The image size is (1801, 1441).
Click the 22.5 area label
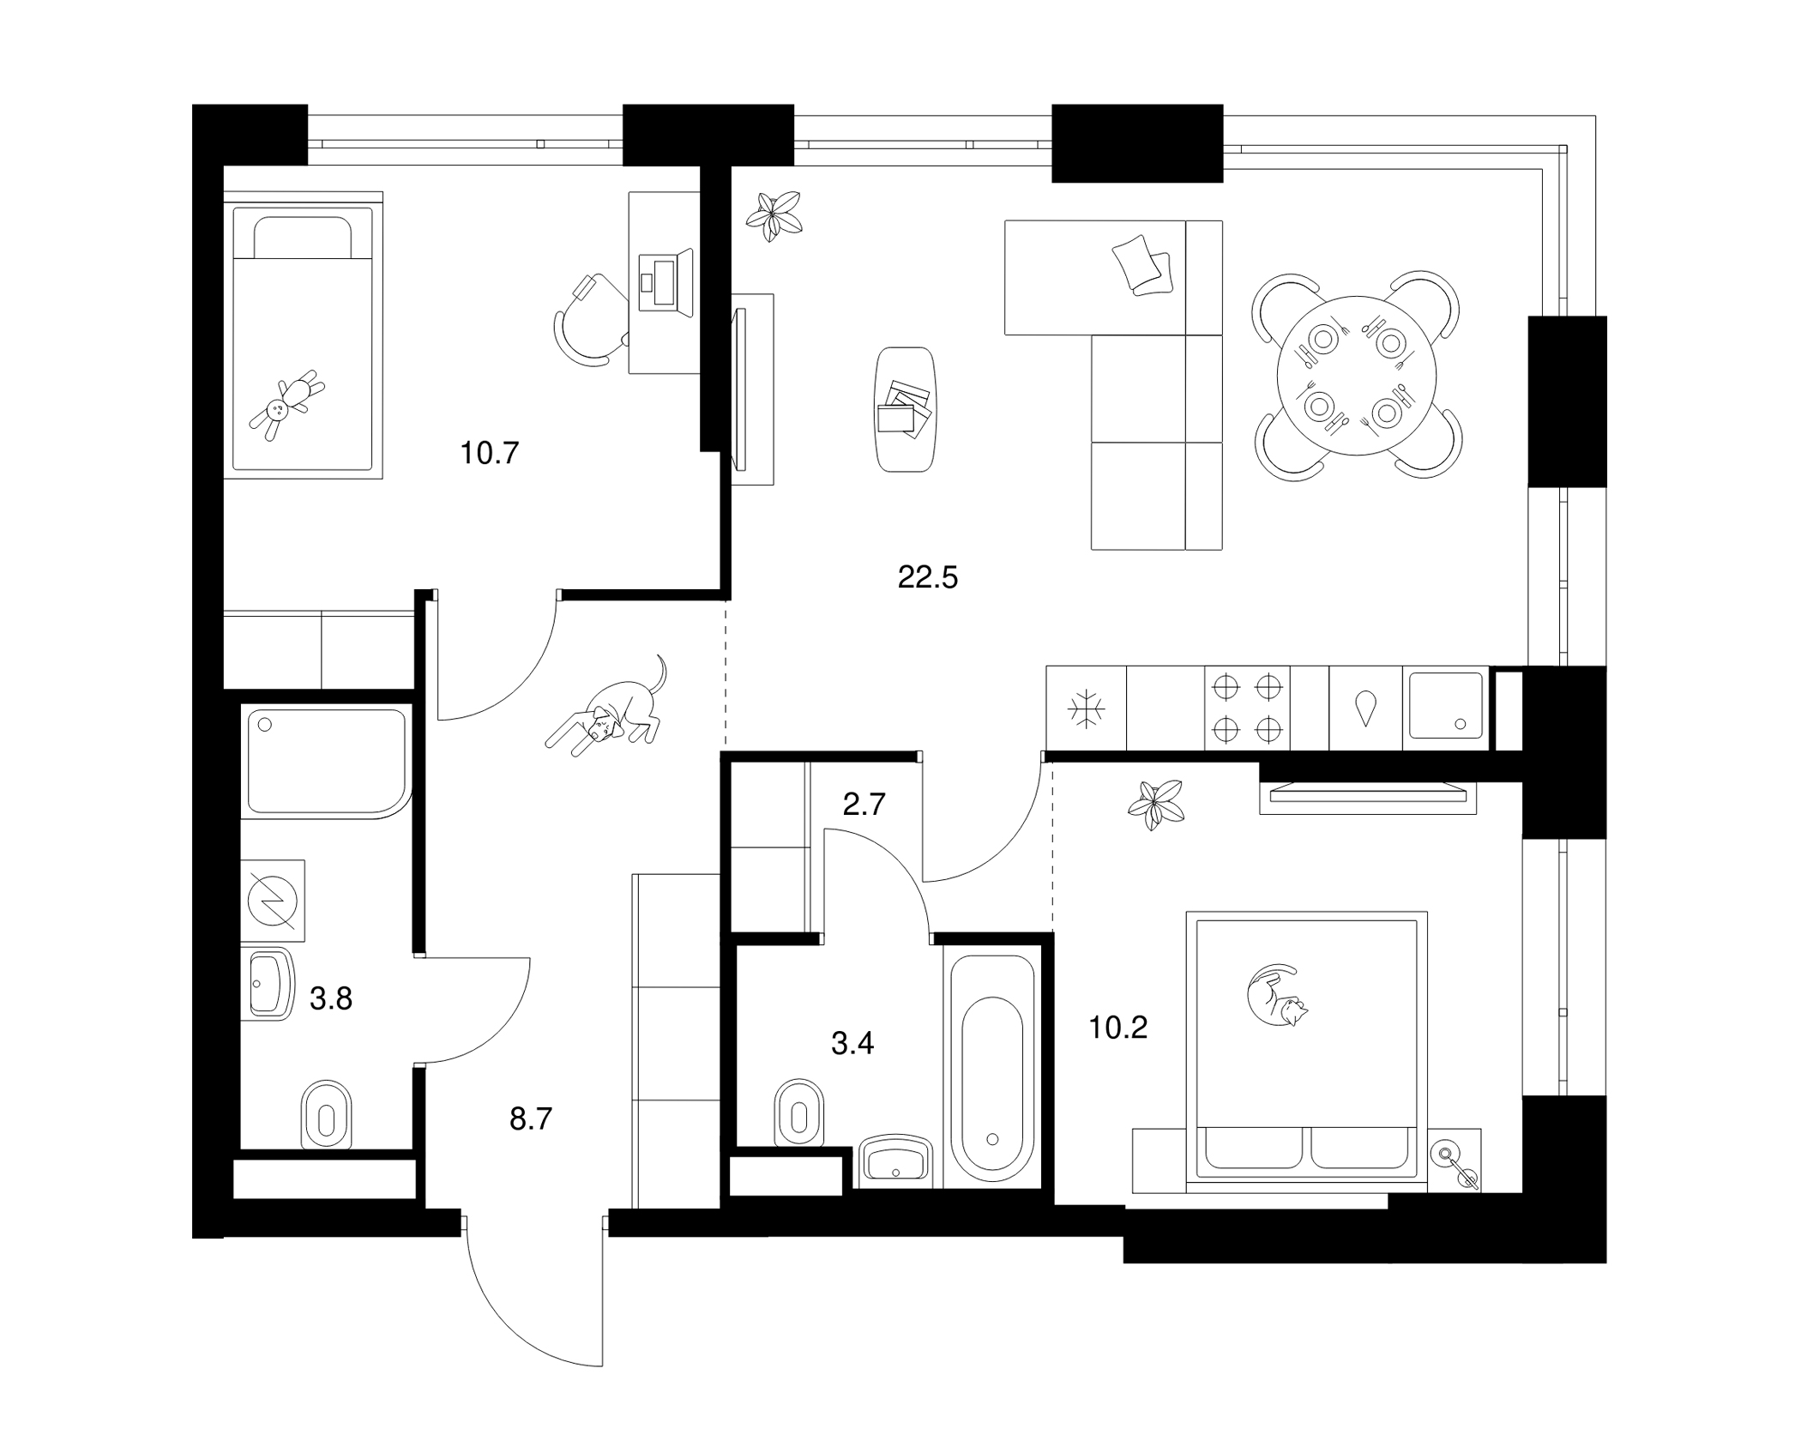pos(927,578)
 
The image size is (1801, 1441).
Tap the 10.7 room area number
pos(490,453)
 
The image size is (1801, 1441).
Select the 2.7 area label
pos(864,805)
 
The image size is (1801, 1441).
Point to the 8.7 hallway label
pos(531,1119)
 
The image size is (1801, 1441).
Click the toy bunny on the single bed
pos(287,405)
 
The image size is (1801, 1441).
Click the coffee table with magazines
pos(905,408)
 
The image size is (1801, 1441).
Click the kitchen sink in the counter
pos(1446,705)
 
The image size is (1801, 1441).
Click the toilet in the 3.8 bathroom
pos(327,1113)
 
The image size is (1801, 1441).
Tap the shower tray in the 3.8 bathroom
pos(327,761)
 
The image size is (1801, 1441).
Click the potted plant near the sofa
pos(774,215)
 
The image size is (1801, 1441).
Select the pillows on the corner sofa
pos(1143,266)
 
